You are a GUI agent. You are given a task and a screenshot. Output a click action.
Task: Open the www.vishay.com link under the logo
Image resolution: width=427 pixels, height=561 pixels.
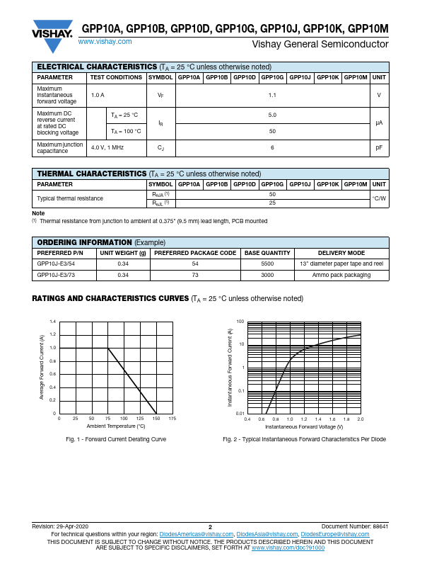[x=105, y=42]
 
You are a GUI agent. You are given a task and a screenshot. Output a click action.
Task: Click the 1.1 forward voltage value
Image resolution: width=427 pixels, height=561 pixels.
[x=272, y=95]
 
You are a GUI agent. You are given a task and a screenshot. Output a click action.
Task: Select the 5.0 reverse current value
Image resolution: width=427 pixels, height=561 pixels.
[x=272, y=115]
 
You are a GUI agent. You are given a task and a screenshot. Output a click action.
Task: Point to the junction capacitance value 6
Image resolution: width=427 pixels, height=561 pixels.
[x=272, y=147]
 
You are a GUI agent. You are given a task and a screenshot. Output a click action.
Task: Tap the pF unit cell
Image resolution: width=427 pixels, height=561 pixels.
[x=379, y=147]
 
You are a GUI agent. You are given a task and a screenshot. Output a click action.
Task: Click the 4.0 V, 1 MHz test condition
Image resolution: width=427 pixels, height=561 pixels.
[x=107, y=147]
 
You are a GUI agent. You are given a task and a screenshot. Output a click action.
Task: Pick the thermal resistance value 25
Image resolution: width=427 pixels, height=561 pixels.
[x=272, y=203]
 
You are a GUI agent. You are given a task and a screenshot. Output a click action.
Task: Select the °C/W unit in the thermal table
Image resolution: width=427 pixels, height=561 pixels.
[x=379, y=198]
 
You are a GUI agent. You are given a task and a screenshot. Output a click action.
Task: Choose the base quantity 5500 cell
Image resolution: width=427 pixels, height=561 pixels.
[x=267, y=263]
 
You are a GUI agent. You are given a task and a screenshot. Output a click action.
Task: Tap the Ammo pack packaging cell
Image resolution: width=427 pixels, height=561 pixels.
[x=341, y=274]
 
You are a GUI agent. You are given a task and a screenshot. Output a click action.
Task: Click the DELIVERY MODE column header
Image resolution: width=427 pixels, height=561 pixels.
[x=341, y=253]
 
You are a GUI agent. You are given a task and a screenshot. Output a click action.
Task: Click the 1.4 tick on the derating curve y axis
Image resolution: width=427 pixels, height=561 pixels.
[x=52, y=322]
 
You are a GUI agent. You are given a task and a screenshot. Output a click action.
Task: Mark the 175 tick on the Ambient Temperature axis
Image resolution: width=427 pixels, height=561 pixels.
[x=172, y=420]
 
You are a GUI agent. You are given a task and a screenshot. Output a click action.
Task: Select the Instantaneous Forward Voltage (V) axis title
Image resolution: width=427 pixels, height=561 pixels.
[x=304, y=427]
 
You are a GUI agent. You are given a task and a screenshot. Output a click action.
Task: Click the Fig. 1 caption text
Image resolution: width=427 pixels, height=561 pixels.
[x=116, y=440]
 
